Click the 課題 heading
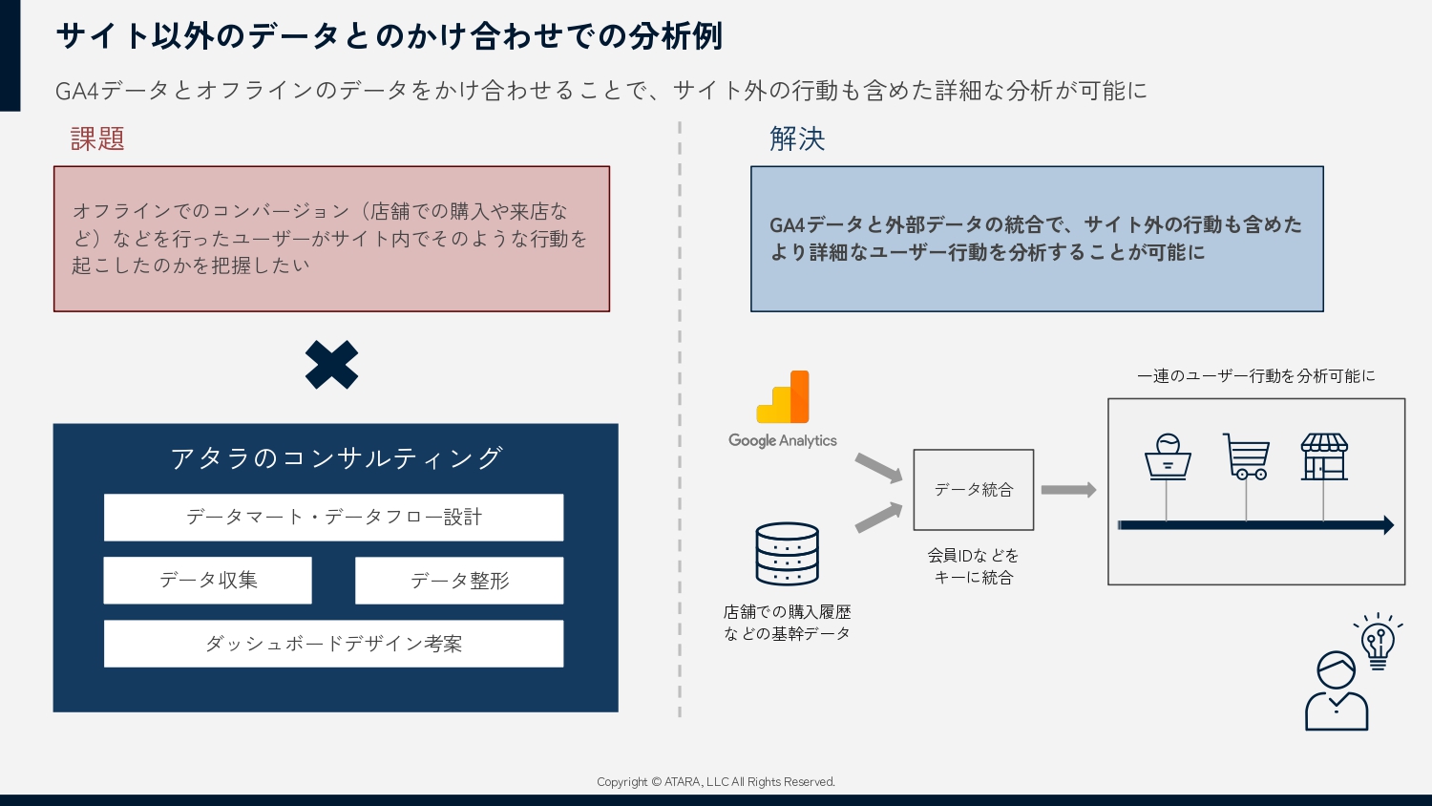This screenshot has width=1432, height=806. pos(97,138)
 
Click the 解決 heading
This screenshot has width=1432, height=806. pos(797,138)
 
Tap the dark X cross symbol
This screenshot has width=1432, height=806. pos(332,365)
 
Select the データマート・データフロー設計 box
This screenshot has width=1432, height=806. pos(334,517)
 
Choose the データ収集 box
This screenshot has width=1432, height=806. pos(208,581)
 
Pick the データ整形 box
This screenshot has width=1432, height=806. pos(459,581)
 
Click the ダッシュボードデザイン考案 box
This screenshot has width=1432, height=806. pos(334,644)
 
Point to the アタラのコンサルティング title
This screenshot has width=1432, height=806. pos(336,458)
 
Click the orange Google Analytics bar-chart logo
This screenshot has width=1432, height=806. pos(783,396)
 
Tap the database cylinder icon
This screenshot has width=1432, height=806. pos(787,554)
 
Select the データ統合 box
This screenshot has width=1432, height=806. pos(974,490)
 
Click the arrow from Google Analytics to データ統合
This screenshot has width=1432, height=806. pos(879,468)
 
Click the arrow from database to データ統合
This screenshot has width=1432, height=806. pos(879,518)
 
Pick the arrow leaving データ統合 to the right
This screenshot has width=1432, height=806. pos(1069,490)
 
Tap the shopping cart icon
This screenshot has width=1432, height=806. pos(1246,456)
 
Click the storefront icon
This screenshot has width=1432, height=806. pos(1324,456)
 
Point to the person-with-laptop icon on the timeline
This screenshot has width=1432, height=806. pos(1168,456)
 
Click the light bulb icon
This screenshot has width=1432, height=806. pos(1378,642)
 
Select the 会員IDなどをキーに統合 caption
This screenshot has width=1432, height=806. pos(974,566)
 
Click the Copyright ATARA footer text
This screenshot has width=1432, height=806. pos(716,782)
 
